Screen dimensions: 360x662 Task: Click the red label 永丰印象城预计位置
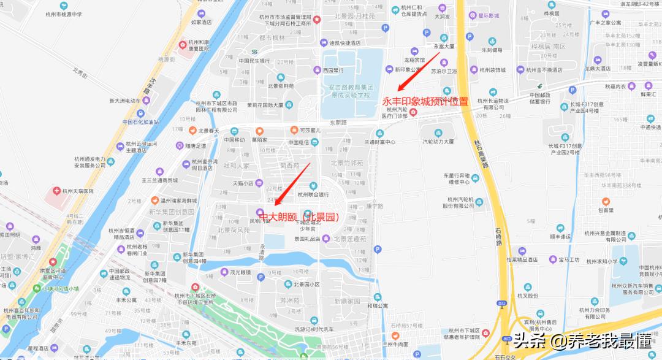[425, 101]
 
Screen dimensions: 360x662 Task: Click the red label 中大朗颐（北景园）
[300, 216]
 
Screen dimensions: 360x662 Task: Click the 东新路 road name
[338, 123]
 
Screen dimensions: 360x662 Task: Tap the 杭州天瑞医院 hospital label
[75, 191]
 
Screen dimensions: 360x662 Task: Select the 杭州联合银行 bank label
[313, 194]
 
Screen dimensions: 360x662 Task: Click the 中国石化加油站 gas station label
[140, 121]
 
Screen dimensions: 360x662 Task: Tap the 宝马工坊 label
[568, 259]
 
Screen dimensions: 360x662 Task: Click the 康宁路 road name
[375, 206]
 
